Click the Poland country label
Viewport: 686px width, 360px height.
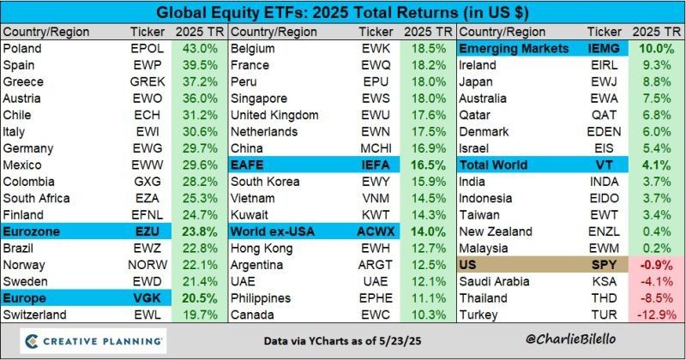(23, 49)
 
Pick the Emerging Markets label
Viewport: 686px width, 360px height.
(514, 49)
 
